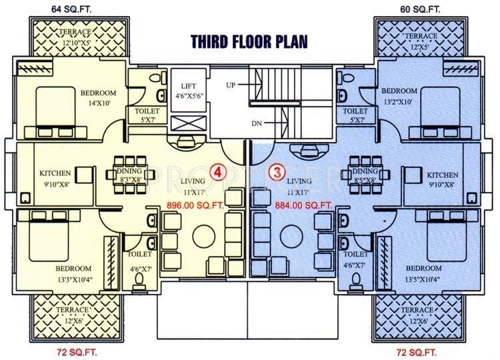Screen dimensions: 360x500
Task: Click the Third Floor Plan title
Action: (249, 41)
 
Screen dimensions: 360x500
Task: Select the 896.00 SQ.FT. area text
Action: (195, 205)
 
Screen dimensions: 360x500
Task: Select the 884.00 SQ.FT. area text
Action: (303, 205)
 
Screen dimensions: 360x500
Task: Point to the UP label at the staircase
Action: (231, 85)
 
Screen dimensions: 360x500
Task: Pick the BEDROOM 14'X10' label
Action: (99, 97)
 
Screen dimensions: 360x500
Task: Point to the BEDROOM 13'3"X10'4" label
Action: (74, 273)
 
